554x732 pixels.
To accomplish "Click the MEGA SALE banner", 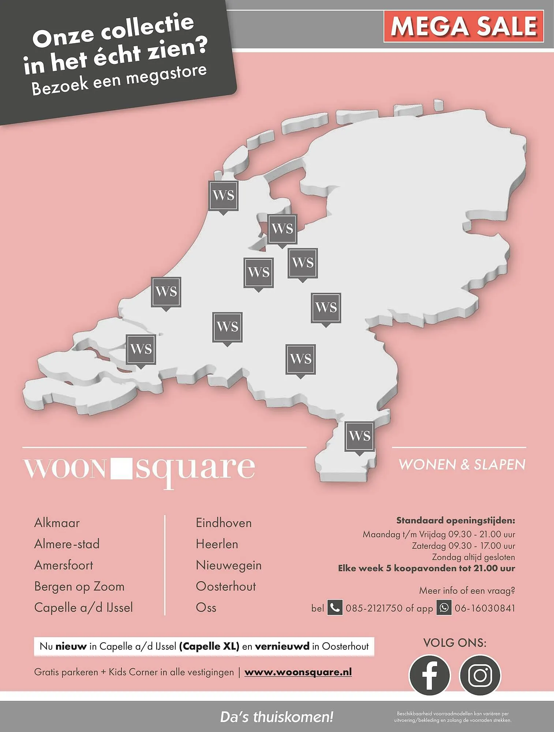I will (464, 26).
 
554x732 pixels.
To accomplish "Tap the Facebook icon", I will (429, 675).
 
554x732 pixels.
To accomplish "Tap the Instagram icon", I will (480, 675).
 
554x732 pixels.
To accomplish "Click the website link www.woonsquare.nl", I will (298, 672).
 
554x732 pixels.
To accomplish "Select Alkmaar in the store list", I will (57, 523).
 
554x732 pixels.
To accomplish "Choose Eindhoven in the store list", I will (224, 523).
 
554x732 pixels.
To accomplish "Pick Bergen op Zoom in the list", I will (79, 586).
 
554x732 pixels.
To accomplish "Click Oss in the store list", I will (206, 608).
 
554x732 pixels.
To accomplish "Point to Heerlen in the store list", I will (217, 544).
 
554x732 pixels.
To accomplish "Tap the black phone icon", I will (334, 608).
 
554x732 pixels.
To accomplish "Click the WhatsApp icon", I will (444, 608).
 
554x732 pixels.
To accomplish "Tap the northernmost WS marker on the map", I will (223, 195).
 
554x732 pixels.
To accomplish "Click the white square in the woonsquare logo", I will (121, 468).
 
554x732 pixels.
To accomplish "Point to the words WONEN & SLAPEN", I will (462, 464).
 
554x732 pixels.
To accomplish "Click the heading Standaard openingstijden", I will (456, 520).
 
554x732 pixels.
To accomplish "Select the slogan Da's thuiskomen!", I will (277, 717).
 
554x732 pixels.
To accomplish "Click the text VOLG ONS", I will (455, 643).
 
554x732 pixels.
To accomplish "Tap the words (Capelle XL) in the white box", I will (209, 646).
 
